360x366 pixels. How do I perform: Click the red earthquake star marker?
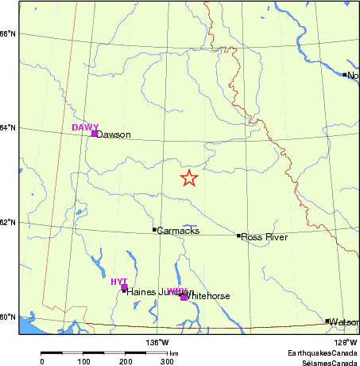[188, 178]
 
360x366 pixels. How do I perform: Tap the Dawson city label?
[113, 134]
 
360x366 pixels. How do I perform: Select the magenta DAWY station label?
[85, 127]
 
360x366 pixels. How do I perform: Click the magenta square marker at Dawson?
[95, 134]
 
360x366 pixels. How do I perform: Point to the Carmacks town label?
[178, 231]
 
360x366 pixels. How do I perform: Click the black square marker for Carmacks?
[155, 230]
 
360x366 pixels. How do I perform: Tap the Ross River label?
[263, 237]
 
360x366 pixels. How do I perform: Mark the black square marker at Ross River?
[238, 236]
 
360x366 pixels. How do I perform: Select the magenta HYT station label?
[119, 282]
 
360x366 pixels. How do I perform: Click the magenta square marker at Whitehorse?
[184, 297]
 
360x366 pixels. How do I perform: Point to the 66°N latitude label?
[8, 33]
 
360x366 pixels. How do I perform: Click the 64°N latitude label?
[8, 128]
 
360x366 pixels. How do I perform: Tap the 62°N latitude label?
[8, 222]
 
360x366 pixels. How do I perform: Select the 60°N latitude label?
[8, 317]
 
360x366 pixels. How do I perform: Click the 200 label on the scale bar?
[126, 361]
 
